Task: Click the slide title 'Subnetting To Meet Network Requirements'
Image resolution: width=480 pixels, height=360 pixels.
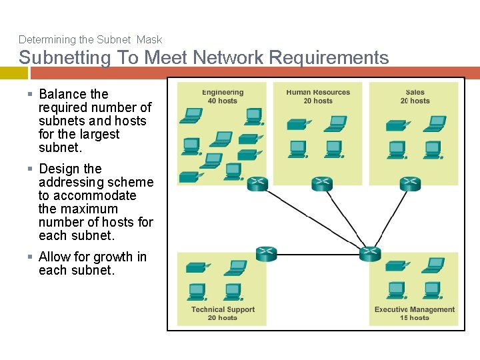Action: (203, 57)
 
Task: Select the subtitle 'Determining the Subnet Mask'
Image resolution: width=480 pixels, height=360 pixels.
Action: (90, 40)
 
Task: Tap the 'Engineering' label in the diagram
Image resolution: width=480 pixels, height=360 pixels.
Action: (223, 93)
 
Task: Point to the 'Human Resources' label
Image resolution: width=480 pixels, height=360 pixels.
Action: (318, 93)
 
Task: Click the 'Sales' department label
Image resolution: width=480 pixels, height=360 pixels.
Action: (415, 93)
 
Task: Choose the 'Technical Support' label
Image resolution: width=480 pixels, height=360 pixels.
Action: (223, 309)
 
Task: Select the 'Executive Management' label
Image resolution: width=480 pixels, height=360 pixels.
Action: (414, 309)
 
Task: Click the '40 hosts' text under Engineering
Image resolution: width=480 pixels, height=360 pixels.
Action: (222, 101)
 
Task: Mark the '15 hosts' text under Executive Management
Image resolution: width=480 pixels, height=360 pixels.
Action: (414, 318)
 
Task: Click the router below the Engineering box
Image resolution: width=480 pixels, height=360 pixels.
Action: (257, 183)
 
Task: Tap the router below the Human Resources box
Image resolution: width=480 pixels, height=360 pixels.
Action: (322, 183)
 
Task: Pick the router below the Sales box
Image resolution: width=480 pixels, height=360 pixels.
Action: (410, 183)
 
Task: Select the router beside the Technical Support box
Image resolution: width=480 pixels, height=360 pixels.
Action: (266, 253)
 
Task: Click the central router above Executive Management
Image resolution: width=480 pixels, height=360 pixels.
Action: (369, 253)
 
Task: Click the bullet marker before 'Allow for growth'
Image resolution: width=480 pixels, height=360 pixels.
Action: (31, 257)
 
